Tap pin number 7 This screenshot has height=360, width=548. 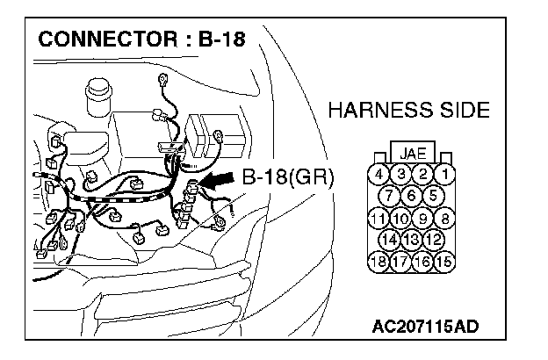390,195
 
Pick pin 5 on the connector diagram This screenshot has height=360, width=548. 432,195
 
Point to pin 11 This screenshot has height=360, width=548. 378,218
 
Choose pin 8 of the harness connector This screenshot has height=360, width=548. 445,218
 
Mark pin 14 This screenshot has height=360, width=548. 390,240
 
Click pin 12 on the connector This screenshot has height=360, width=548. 432,240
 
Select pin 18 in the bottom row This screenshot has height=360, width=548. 378,262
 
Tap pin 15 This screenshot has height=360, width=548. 445,262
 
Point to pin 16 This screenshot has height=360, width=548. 423,262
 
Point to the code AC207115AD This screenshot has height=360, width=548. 425,328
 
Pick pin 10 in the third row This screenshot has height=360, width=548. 400,218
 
